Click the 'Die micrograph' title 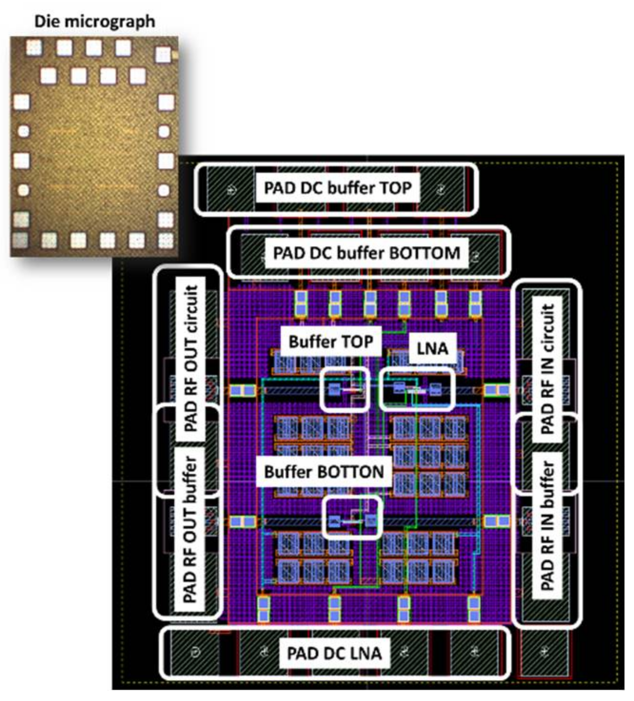tap(94, 21)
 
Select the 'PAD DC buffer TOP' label tap(337, 188)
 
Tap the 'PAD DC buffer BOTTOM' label tap(367, 253)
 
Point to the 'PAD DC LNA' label tap(334, 653)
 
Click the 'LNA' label tap(432, 348)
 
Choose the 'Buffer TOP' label tap(331, 341)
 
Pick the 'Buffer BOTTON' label tap(324, 472)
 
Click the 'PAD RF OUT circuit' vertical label tap(190, 358)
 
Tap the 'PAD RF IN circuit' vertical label tap(548, 369)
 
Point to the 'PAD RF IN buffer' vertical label tap(548, 525)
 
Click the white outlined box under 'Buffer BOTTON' tap(352, 518)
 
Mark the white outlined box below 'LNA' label tap(416, 389)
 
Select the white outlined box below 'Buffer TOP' tap(345, 389)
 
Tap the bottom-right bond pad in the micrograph tap(165, 239)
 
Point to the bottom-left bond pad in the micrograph tap(20, 239)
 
